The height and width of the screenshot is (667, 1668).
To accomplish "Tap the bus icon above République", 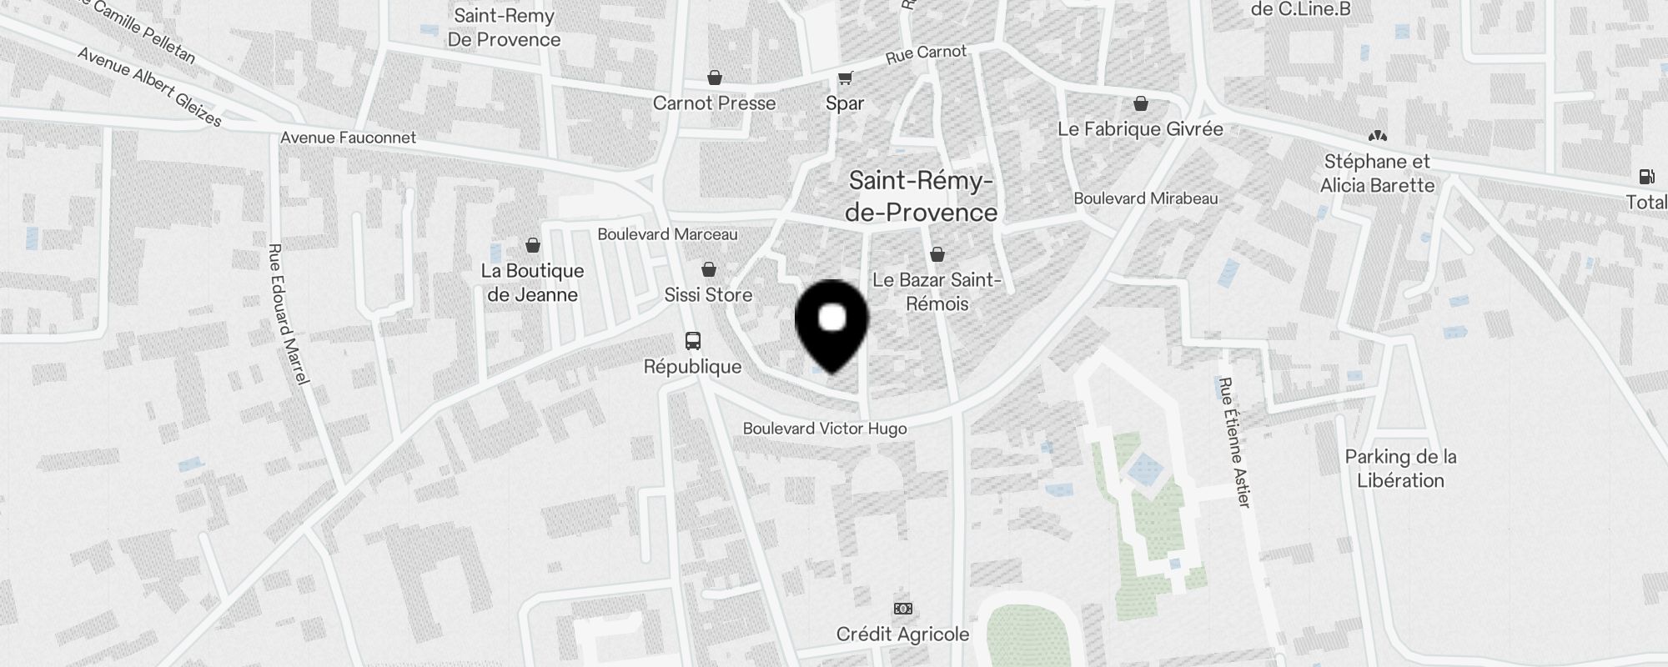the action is [693, 340].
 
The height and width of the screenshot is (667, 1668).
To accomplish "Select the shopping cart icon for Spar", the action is [845, 78].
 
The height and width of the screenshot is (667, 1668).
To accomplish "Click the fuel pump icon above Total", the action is [1646, 177].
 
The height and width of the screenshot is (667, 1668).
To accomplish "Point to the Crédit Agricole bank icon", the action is [902, 609].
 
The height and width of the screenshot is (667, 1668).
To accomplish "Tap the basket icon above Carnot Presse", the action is [715, 78].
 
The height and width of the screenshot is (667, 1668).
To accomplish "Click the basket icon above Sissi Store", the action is [708, 269].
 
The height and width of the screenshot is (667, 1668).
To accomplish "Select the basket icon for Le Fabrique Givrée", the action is [1140, 104].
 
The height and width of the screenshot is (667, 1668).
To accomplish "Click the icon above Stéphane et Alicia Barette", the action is [1377, 136].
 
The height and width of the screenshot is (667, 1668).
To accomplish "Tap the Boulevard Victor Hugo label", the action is [825, 429].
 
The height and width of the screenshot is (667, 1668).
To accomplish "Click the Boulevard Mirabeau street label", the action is [1145, 198].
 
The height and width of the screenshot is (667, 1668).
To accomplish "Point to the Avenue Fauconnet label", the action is [348, 138].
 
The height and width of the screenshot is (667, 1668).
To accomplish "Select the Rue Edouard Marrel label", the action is [288, 314].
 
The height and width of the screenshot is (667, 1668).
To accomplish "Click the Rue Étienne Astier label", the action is [1234, 442].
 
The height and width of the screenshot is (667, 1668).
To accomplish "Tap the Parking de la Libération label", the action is [1400, 469].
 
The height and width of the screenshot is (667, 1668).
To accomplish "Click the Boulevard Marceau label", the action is [667, 234].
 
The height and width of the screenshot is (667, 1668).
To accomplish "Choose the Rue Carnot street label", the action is [926, 53].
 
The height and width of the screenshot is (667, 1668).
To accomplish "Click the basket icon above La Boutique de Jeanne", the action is [532, 245].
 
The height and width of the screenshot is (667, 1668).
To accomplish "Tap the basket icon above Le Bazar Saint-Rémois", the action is [937, 254].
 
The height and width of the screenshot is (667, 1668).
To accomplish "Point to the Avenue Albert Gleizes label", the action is [150, 87].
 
